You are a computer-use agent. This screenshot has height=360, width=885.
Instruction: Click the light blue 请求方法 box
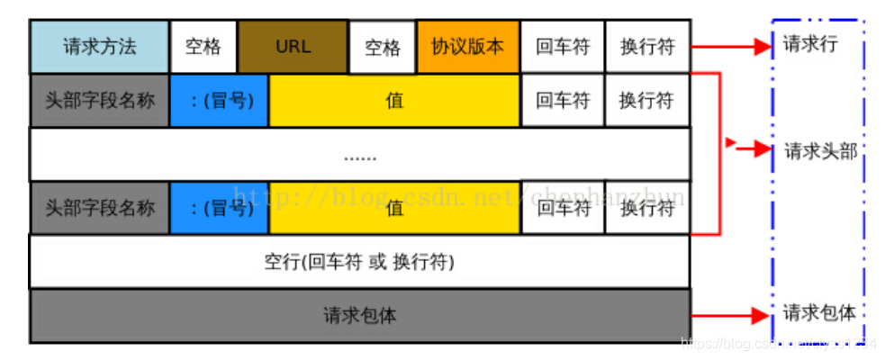(99, 47)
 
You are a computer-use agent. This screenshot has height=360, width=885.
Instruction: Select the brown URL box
(293, 47)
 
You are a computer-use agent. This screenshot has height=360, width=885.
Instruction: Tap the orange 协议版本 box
(467, 47)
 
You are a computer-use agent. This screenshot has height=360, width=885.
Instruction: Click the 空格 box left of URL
(203, 47)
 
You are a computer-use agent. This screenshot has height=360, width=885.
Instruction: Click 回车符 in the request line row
(562, 47)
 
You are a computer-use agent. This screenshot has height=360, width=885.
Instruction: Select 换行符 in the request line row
(646, 47)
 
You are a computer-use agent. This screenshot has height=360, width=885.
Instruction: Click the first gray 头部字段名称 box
(99, 100)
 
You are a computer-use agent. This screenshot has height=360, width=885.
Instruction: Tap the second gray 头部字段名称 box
(99, 208)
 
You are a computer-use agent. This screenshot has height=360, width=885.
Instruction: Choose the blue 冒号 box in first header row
(218, 100)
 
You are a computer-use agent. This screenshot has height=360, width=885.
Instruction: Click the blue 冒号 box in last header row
(218, 208)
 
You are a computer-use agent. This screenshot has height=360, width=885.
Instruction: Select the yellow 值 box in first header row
(393, 100)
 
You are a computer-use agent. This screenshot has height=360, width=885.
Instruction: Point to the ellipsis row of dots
(360, 156)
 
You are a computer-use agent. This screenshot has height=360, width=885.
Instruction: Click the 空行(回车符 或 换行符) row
(359, 263)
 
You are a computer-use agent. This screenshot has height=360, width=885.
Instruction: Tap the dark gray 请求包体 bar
(359, 316)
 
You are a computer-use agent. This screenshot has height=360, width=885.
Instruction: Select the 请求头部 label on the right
(819, 151)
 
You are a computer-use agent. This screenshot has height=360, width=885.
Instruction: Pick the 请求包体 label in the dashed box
(818, 313)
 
